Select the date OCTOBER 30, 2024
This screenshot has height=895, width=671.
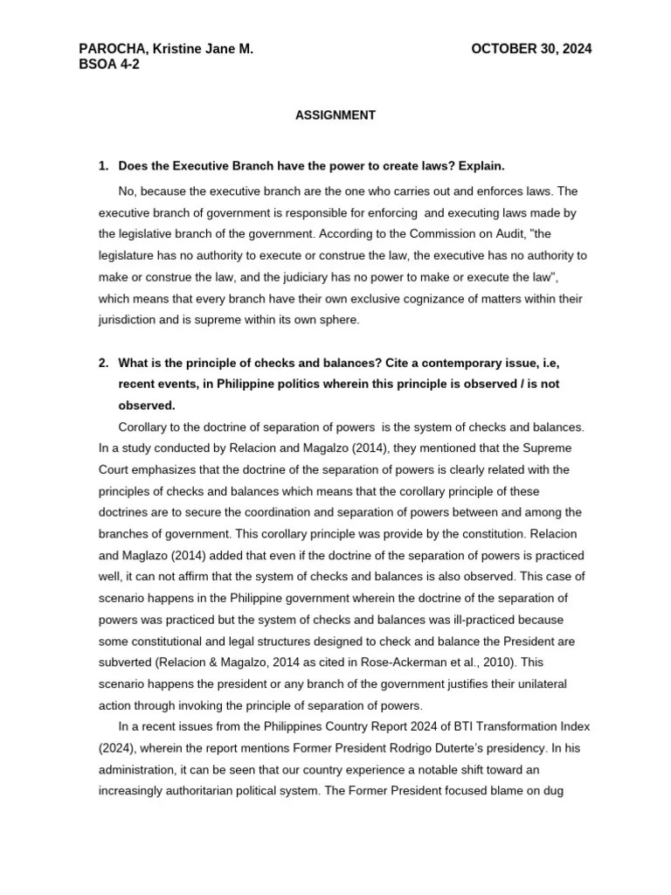(x=531, y=50)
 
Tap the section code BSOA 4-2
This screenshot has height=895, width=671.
(x=108, y=65)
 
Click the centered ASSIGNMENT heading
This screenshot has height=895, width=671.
(x=335, y=115)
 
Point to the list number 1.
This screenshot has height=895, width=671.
(x=102, y=166)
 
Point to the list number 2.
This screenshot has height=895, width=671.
(x=102, y=362)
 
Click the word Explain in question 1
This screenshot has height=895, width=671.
(x=480, y=166)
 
